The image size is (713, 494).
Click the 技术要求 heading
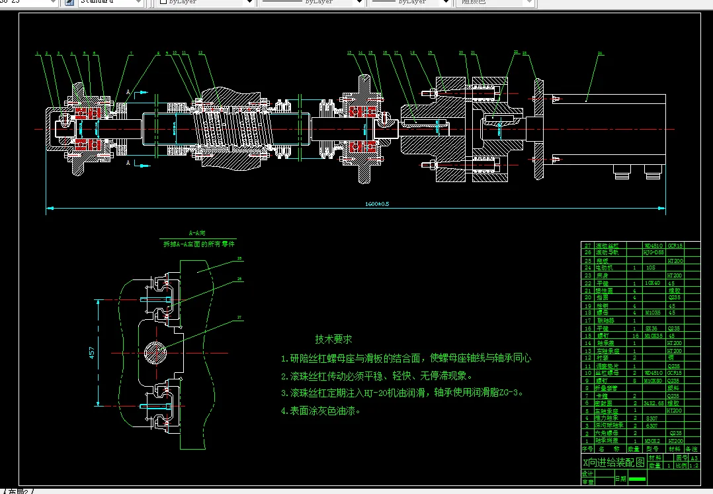pos(333,339)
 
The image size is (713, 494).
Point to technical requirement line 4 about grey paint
pos(321,411)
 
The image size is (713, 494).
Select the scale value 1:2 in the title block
pos(693,466)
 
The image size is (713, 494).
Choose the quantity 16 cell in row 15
pos(634,336)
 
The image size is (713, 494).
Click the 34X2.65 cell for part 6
pos(654,403)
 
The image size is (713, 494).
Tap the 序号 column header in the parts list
pos(587,448)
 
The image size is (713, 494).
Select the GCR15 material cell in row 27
pos(675,245)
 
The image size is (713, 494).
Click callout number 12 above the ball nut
pos(200,52)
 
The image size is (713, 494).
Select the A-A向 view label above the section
pos(198,234)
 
